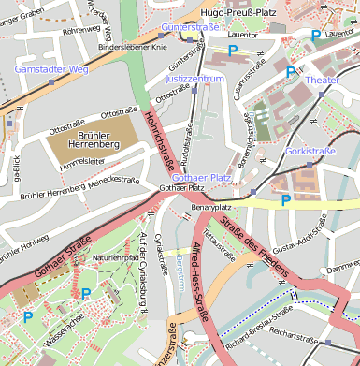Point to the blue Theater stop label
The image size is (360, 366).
click(323, 81)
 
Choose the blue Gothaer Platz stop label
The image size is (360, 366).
click(202, 177)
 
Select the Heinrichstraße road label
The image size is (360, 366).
click(159, 142)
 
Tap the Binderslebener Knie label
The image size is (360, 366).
click(133, 45)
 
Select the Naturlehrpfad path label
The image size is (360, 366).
click(114, 256)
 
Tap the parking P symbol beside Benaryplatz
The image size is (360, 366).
click(286, 199)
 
